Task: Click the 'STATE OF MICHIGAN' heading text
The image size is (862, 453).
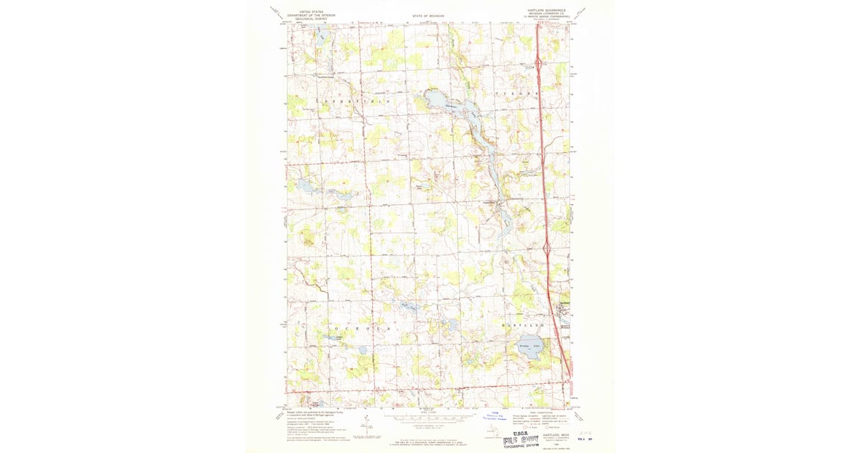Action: click(428, 15)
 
